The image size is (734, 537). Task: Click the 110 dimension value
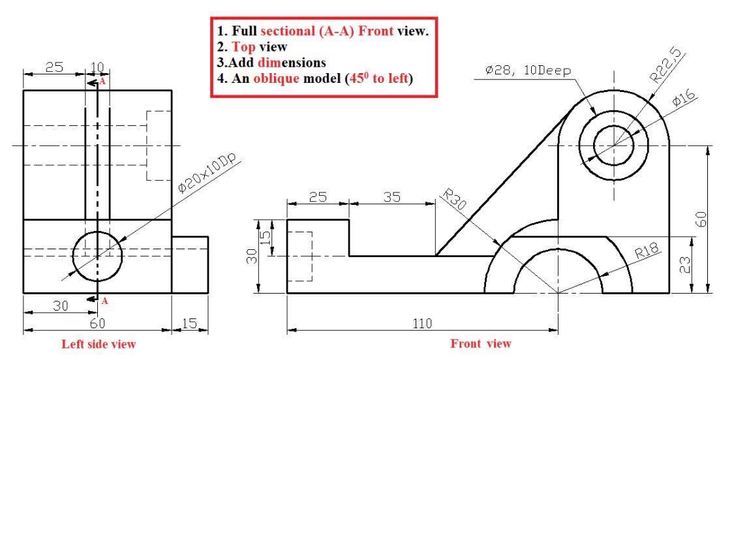pos(422,323)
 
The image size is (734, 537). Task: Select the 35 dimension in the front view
pos(391,197)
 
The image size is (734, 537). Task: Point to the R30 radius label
pos(454,200)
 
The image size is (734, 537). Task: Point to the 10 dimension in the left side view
pos(97,67)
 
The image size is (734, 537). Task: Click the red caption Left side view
pos(99,344)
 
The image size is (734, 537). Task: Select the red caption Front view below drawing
pos(481,344)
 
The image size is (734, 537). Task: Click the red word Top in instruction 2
pos(243,47)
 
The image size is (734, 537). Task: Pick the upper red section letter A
pos(102,82)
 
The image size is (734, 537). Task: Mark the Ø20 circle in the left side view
pos(97,255)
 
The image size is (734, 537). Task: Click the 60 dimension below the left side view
pos(97,323)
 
